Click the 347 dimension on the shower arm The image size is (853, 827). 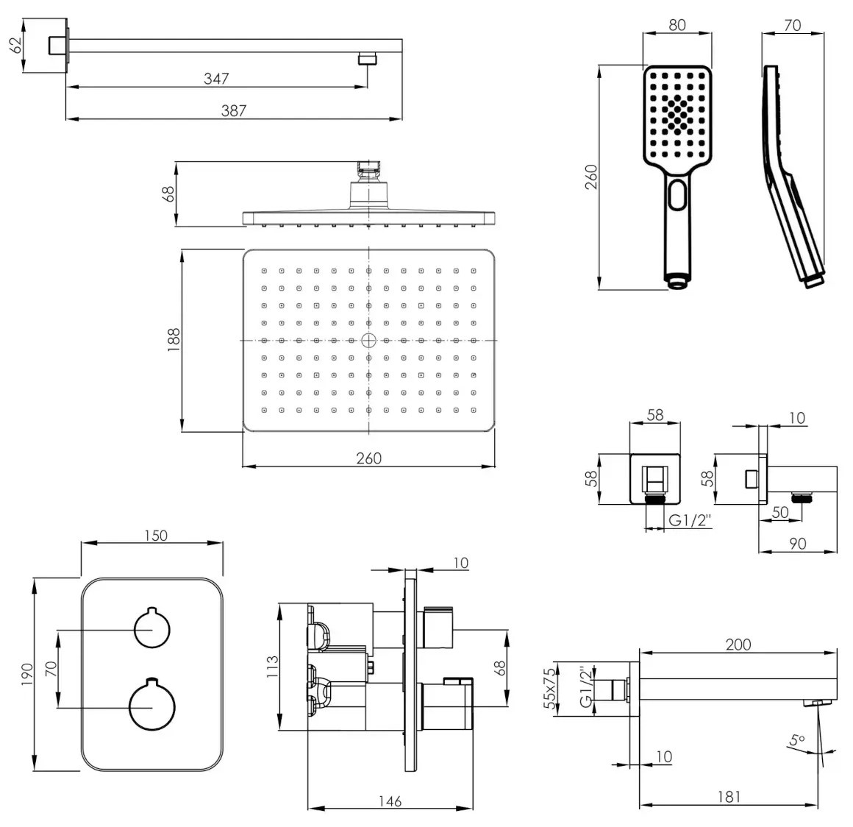(216, 79)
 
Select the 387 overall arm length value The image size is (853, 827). (234, 110)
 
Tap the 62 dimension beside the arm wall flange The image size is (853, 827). (17, 45)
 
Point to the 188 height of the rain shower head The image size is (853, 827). (174, 339)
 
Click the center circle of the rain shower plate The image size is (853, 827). (369, 341)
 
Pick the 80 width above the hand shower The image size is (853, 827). (677, 25)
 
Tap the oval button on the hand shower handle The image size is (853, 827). (678, 195)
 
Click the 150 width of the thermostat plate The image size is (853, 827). (156, 536)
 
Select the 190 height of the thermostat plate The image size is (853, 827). (27, 674)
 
